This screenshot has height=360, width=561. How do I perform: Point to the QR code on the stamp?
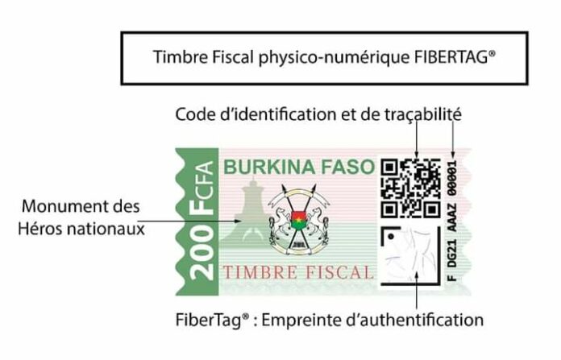click(411, 188)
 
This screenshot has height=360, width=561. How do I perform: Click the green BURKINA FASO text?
click(299, 168)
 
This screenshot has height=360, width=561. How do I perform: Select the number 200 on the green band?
click(201, 254)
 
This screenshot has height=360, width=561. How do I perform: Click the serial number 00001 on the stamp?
click(452, 178)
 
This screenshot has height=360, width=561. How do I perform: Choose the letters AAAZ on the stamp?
click(452, 217)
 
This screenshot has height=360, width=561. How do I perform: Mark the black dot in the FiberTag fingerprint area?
click(391, 236)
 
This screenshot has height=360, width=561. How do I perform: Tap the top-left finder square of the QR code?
click(389, 168)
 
